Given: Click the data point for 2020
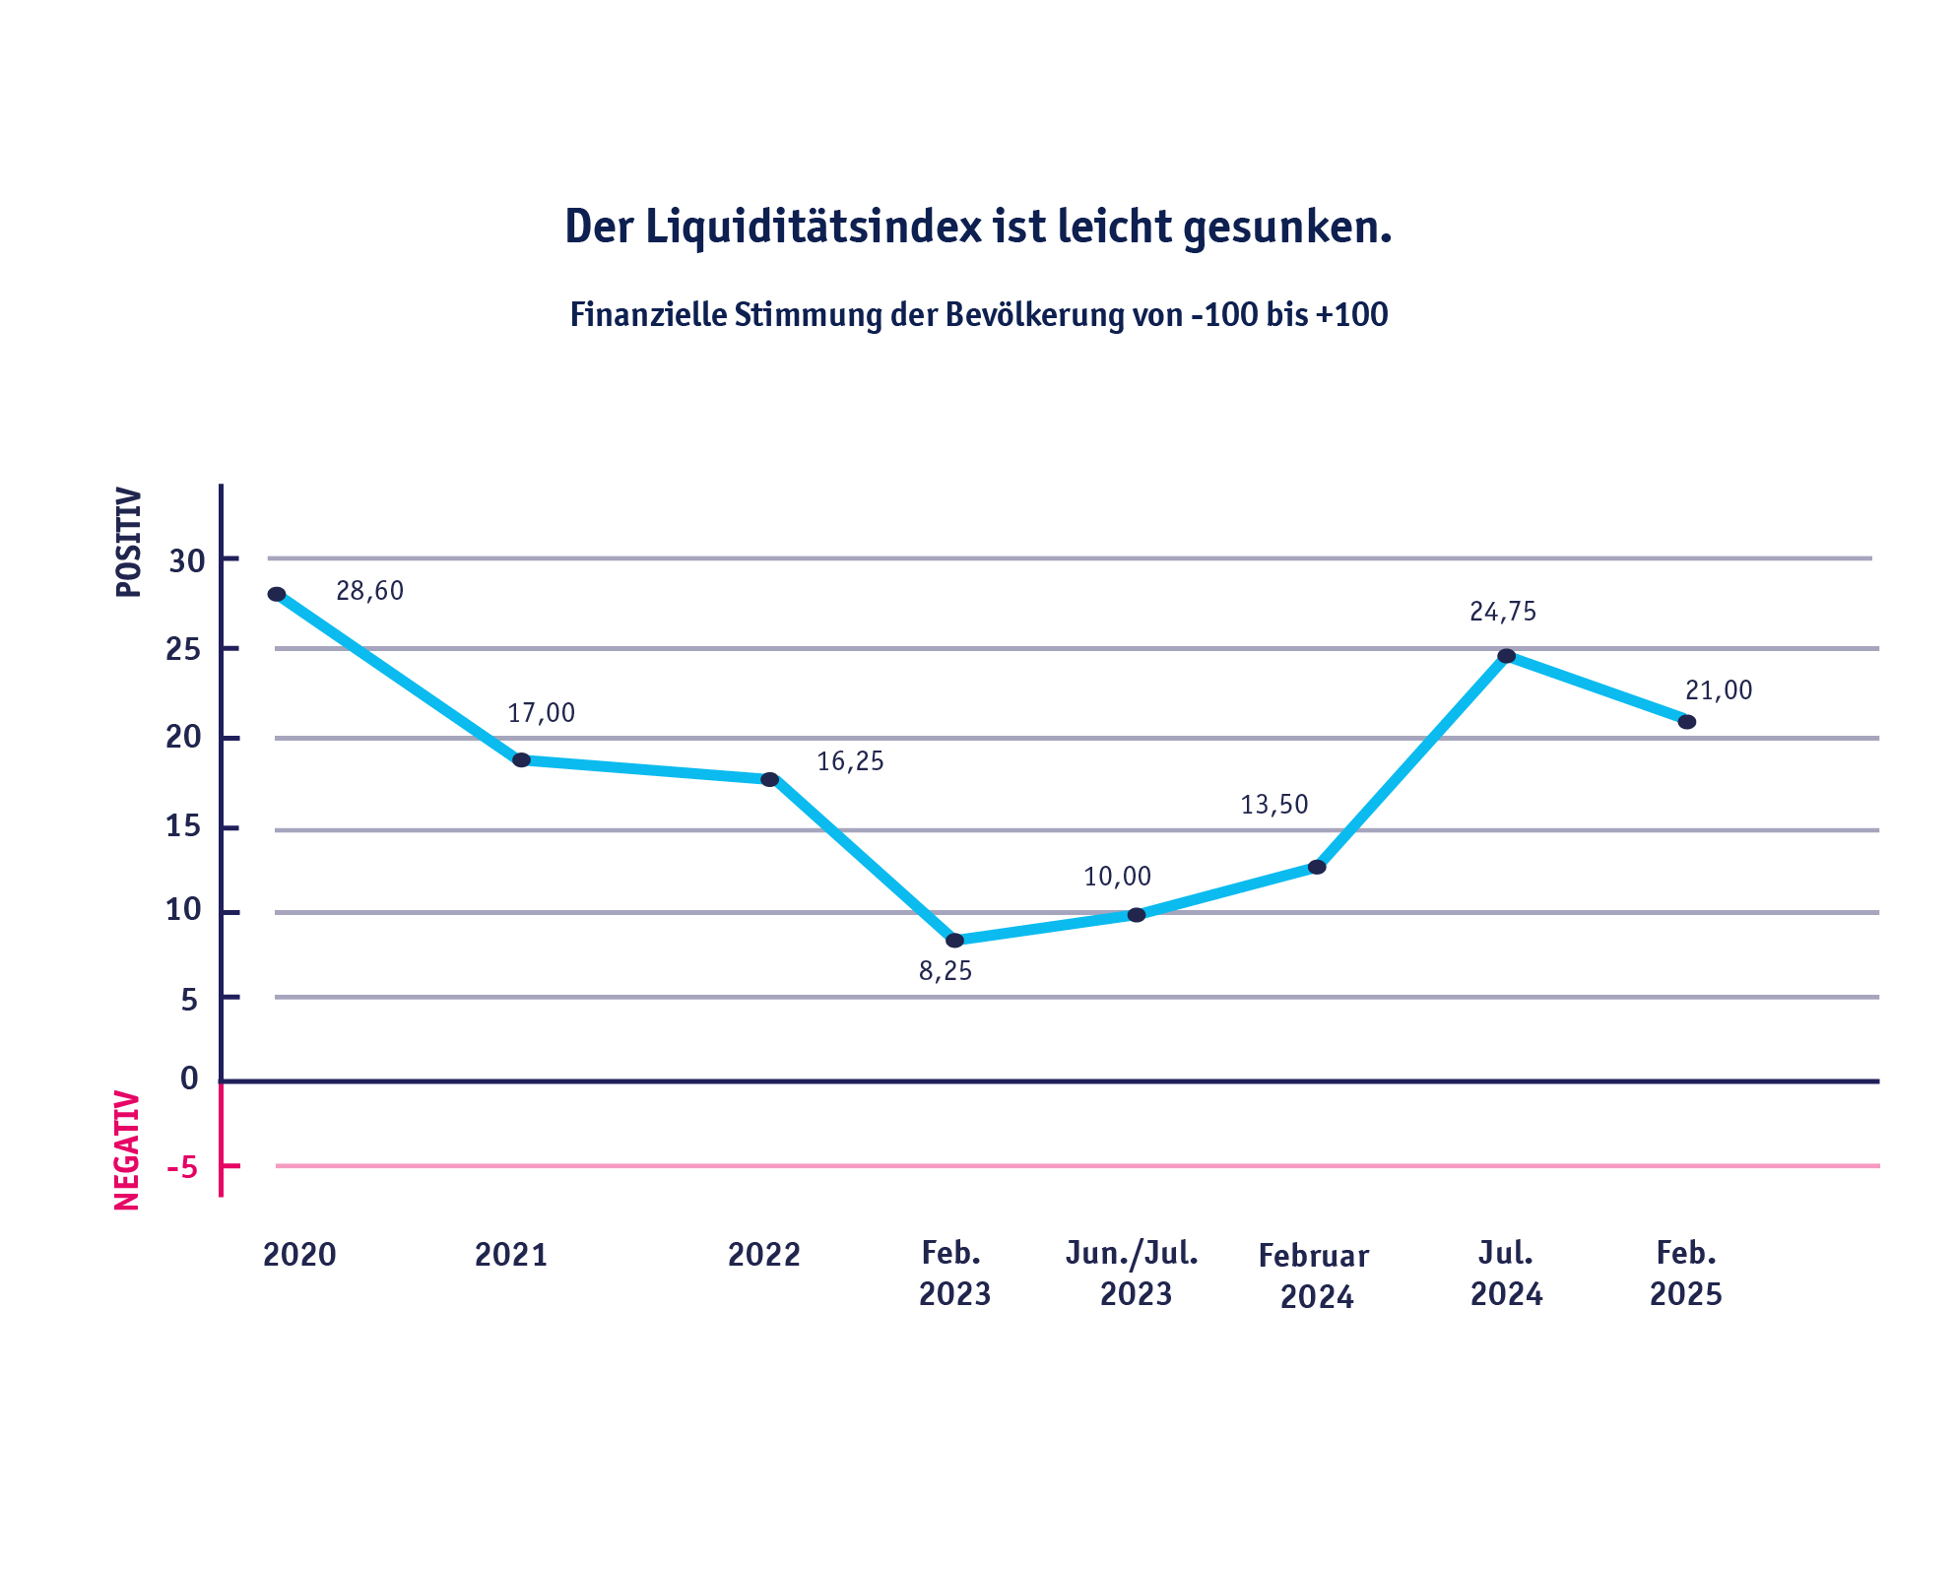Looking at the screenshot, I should pos(277,594).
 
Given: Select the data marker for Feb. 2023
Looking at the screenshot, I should pos(954,941).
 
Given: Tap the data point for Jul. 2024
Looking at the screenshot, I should pos(1506,656).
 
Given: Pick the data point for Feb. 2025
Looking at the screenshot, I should pos(1686,722).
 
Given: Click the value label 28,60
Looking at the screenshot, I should pos(369,591).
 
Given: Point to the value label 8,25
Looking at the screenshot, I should pos(946,972).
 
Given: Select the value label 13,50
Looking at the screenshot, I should pos(1273,806).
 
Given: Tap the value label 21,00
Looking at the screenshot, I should pos(1719,690).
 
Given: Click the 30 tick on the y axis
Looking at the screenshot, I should pos(187,561).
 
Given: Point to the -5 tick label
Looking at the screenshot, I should pos(182,1168).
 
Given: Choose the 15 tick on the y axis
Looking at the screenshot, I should pos(183,826).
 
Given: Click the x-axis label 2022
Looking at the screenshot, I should pos(763,1255).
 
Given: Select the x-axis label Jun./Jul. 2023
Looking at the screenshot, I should pos(1133,1274).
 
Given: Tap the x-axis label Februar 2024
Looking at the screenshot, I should pos(1314,1276).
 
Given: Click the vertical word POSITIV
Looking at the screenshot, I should pos(129,543).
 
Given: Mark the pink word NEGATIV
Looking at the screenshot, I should pos(127,1149).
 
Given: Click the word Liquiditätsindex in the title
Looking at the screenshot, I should pos(814,228).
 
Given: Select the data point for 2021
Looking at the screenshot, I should pos(521,760).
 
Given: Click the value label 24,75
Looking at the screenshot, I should pos(1502,613).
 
